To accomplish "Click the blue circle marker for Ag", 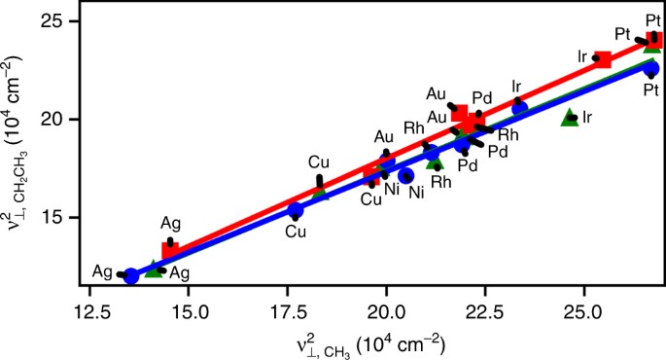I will coord(131,276).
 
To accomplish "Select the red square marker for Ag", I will coord(170,250).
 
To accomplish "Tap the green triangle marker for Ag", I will coord(153,270).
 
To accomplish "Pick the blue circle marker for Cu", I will coord(296,210).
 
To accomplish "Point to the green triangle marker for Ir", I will coord(570,118).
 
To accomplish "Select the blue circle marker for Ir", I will coord(519,107).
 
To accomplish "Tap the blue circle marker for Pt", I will coord(651,68).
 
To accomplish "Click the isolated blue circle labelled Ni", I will coord(406,176).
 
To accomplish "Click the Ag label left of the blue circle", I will coord(102,271).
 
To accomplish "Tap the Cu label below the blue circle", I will coord(296,232).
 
